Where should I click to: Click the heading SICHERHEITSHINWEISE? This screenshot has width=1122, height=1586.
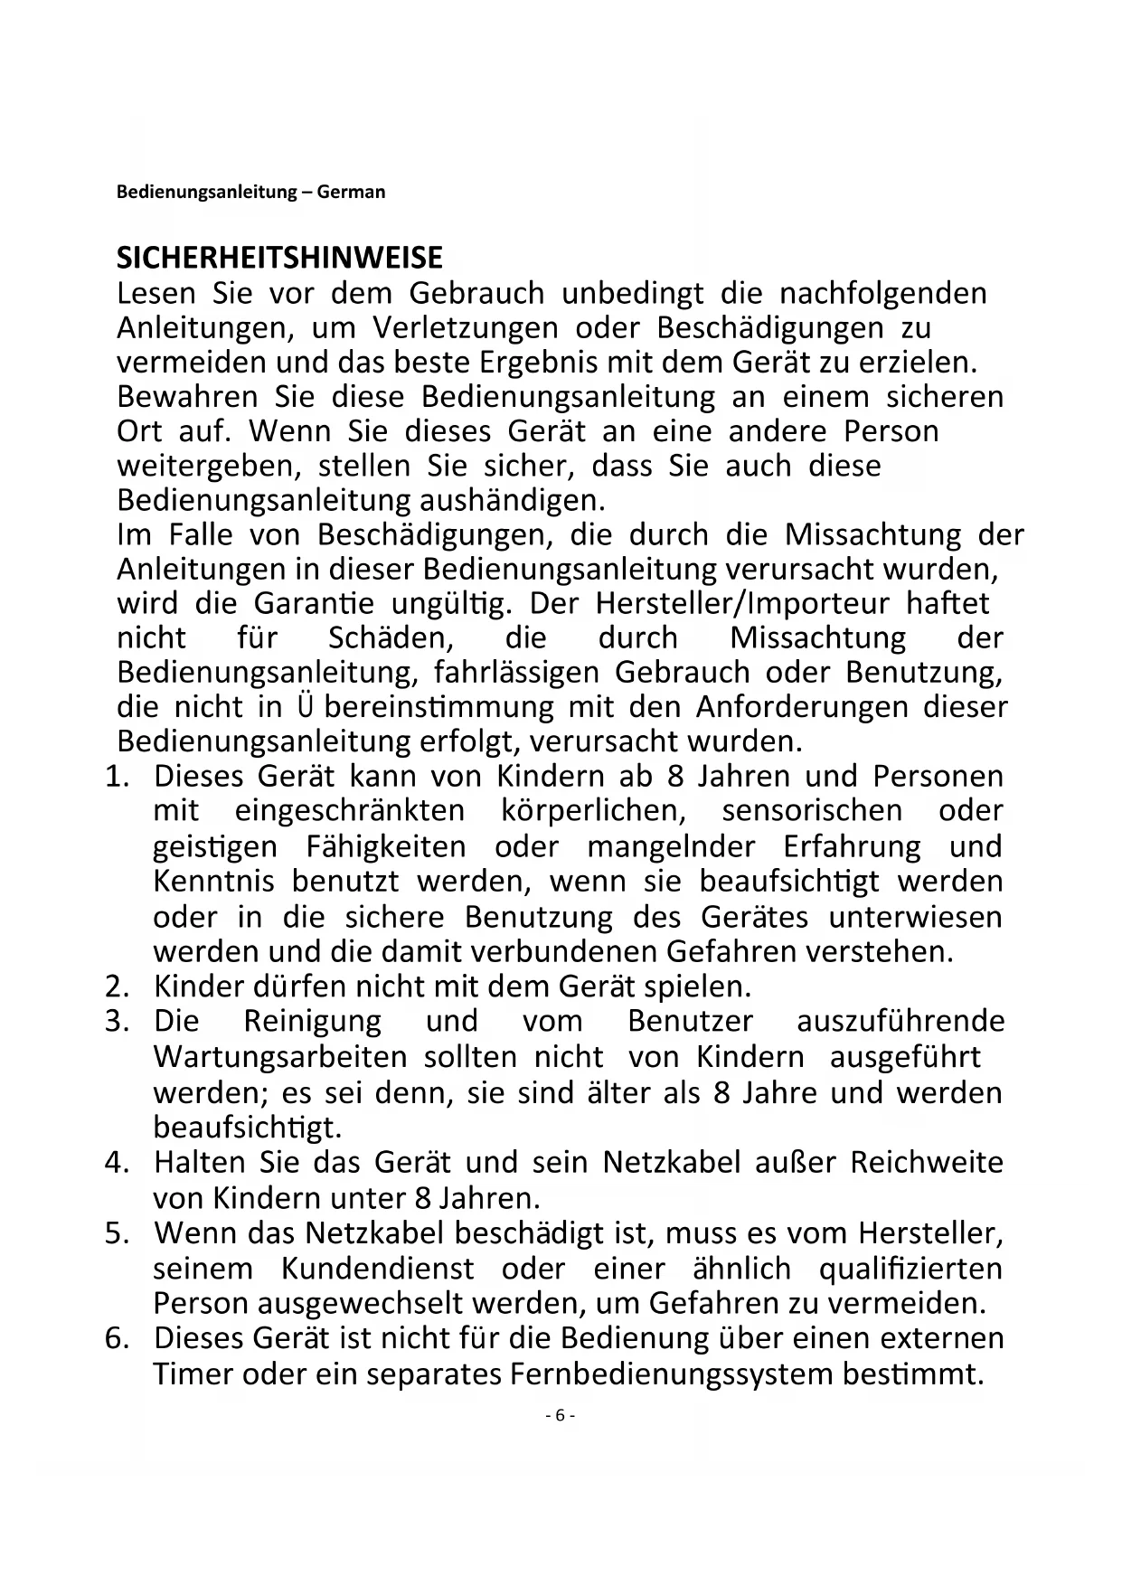pos(279,258)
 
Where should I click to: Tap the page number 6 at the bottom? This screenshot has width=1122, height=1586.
pos(560,1415)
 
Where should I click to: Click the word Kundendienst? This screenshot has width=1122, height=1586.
pos(377,1268)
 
